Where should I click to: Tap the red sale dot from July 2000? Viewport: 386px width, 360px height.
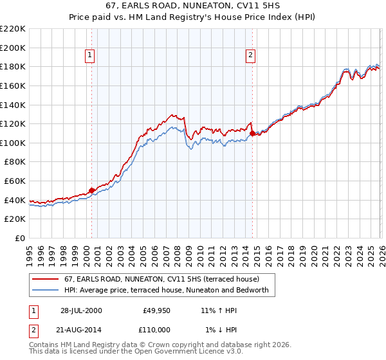92,190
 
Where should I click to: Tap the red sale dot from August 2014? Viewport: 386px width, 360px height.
252,133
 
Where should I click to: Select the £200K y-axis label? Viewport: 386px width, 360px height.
13,48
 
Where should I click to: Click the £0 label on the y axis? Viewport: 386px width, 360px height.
19,238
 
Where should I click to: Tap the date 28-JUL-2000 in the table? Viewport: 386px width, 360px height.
81,310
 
